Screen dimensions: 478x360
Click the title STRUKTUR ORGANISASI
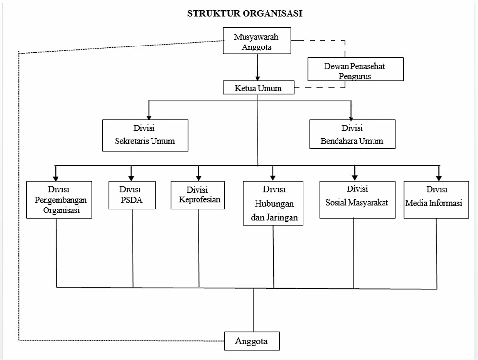[245, 13]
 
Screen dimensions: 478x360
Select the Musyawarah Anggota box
[257, 41]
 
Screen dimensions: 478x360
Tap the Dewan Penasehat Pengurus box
[355, 69]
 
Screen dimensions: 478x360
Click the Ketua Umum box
[259, 88]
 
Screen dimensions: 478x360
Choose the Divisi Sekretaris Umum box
[145, 136]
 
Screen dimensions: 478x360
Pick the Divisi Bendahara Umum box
[352, 134]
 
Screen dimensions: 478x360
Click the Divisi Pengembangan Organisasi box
[59, 200]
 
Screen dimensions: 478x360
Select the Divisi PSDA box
[132, 195]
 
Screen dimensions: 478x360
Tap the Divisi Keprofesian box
[198, 195]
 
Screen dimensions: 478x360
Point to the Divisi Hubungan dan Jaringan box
[273, 203]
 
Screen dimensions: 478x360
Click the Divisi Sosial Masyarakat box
[357, 200]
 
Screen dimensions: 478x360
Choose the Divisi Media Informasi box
[436, 200]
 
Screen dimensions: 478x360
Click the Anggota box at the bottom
[252, 341]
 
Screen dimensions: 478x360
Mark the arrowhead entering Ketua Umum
[257, 78]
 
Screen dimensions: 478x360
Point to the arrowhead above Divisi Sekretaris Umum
[149, 117]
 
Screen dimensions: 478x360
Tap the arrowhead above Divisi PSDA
[131, 178]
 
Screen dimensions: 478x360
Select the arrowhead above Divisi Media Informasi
[439, 178]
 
